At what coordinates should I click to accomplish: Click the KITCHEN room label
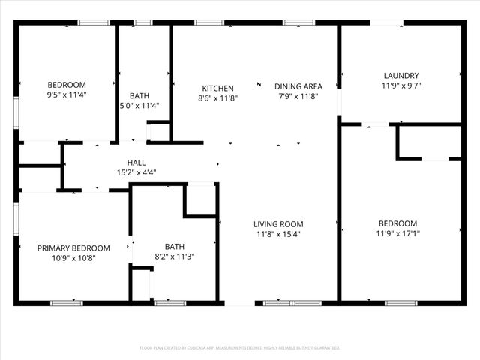217,88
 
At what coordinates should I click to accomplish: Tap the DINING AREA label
298,86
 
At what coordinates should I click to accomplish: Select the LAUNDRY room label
400,75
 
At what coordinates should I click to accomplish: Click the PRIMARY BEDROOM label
73,248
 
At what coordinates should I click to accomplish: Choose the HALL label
136,162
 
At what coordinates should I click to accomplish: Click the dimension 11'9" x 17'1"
397,234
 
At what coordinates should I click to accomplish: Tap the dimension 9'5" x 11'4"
67,94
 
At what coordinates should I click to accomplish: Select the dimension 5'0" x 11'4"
139,106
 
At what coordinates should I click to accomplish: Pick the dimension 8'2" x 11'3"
174,256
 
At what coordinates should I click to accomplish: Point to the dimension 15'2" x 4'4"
136,172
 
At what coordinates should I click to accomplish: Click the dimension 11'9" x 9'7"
400,85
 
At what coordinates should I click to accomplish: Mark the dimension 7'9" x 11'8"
298,97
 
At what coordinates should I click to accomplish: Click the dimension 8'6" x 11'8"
217,98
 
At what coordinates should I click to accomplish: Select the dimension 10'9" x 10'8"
73,258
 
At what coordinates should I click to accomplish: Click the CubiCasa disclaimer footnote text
240,348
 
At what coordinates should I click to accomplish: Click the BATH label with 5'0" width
139,95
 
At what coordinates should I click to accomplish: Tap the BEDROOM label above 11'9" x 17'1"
397,223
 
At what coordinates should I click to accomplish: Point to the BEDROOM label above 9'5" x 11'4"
67,85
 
